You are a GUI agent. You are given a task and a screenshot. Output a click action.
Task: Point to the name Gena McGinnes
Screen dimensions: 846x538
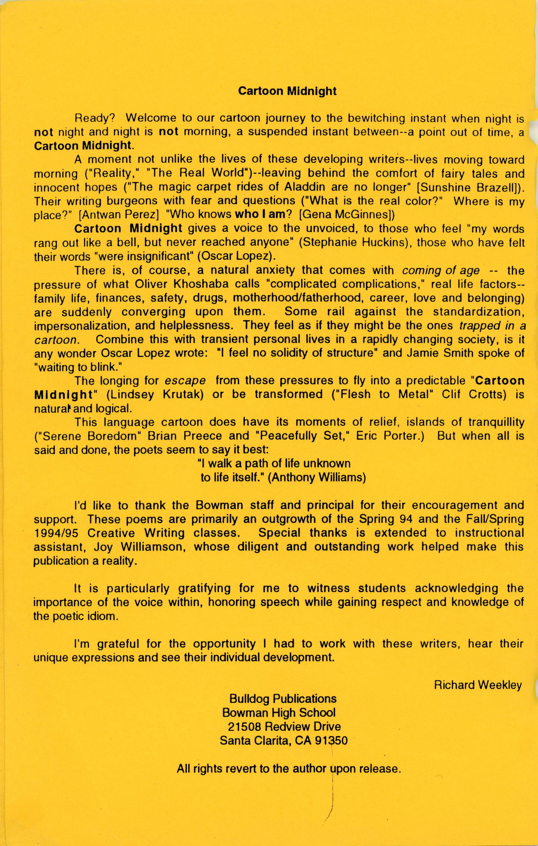344,215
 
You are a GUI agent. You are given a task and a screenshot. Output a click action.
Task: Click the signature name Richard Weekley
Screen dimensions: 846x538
478,685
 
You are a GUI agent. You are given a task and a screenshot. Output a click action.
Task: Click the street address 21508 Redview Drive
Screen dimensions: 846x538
284,727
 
